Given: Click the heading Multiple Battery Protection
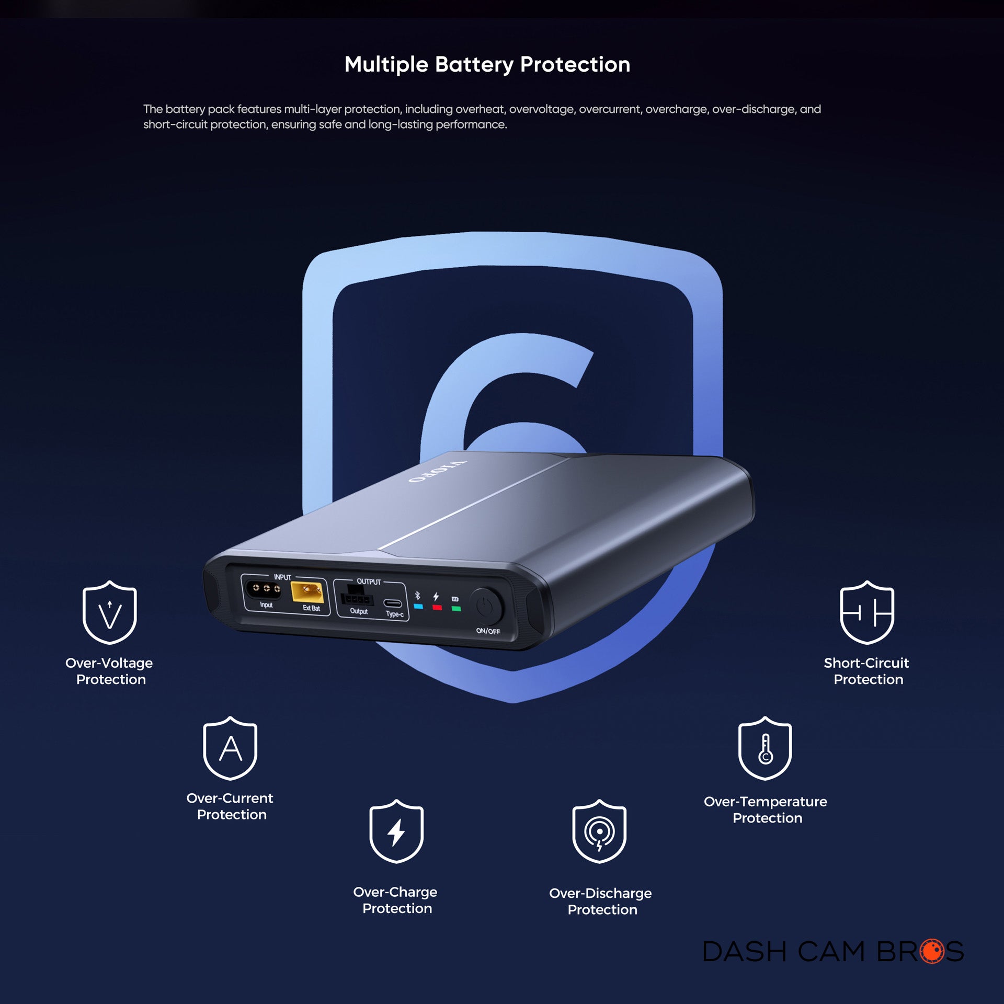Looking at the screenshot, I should (x=487, y=64).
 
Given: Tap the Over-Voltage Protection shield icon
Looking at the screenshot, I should (x=109, y=612).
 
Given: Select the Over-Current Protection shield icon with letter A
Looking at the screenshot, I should (x=230, y=748).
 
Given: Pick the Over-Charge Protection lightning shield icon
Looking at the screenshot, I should (x=396, y=831).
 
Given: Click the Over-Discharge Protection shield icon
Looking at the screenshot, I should (x=599, y=831).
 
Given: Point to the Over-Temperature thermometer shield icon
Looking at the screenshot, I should (x=765, y=748).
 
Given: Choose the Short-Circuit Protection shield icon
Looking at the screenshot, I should (x=866, y=612).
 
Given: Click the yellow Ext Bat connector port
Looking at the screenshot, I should (x=307, y=592).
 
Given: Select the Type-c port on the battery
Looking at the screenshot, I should (x=393, y=603).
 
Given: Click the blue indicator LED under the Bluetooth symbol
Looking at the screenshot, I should (x=418, y=607).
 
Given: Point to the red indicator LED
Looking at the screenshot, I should (x=437, y=608).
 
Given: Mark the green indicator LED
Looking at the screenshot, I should (x=456, y=609).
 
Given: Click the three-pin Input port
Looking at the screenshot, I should (x=264, y=589).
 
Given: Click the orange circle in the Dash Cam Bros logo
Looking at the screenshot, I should (x=932, y=951).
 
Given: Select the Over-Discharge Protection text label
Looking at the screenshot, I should (x=600, y=901).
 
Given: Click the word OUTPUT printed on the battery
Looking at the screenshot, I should (x=369, y=581).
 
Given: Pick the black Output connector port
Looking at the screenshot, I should (x=357, y=597).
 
